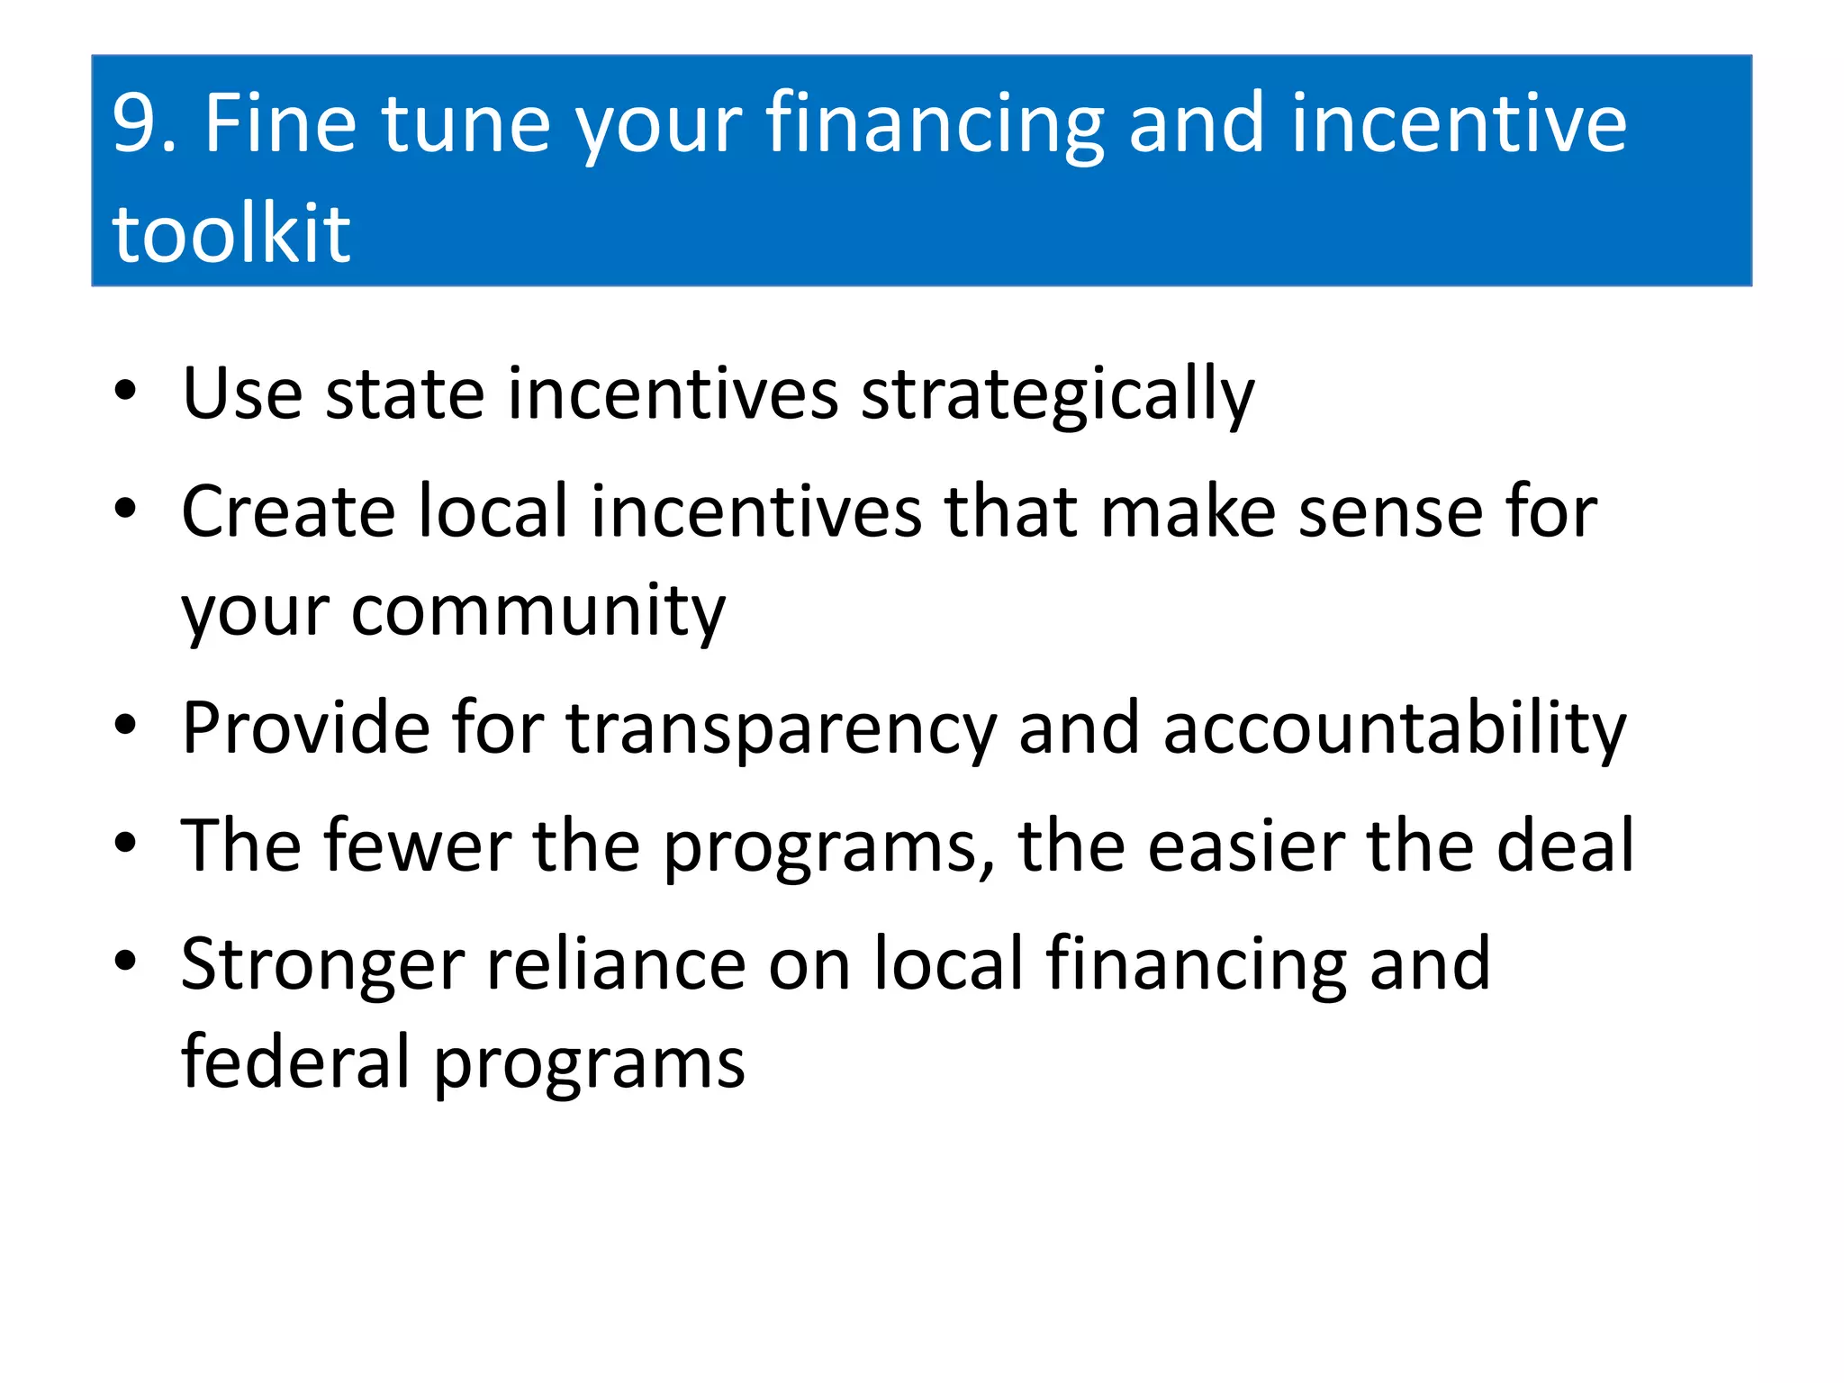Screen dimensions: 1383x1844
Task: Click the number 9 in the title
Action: point(135,124)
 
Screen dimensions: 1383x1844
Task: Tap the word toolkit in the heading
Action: point(230,234)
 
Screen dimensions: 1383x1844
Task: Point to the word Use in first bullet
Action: point(241,394)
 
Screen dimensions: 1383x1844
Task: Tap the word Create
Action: point(287,511)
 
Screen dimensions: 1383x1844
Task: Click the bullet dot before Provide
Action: point(125,725)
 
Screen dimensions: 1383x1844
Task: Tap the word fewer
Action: point(418,846)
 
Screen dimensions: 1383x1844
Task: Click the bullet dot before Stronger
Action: point(125,961)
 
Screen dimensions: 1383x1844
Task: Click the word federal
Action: point(296,1062)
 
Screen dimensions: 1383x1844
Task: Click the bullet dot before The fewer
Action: point(125,843)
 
